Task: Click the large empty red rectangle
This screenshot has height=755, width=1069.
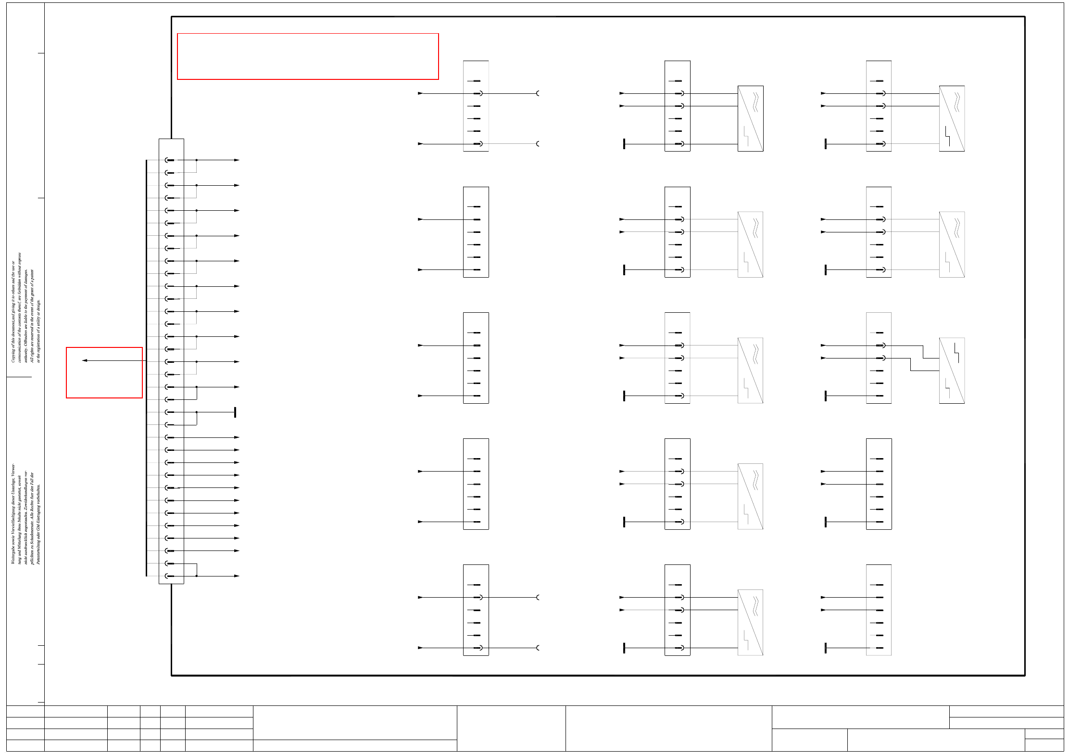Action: pyautogui.click(x=308, y=56)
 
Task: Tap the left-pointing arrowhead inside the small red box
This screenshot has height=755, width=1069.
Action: pyautogui.click(x=85, y=360)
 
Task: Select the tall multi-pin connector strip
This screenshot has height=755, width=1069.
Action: pyautogui.click(x=171, y=361)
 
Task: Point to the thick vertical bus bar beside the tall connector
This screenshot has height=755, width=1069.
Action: pyautogui.click(x=146, y=368)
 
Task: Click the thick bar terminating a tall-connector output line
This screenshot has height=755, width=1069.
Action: pyautogui.click(x=235, y=412)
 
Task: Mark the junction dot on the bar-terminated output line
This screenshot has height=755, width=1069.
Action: pyautogui.click(x=197, y=412)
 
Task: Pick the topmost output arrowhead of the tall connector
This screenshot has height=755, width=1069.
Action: pyautogui.click(x=237, y=160)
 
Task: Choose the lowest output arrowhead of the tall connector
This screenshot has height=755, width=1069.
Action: pyautogui.click(x=237, y=576)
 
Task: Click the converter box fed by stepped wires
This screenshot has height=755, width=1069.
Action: pyautogui.click(x=952, y=371)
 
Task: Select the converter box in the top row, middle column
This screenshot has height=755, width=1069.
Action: pyautogui.click(x=750, y=118)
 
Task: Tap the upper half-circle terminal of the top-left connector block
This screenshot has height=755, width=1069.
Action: pyautogui.click(x=538, y=93)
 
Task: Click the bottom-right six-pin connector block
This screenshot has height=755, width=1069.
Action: pyautogui.click(x=879, y=610)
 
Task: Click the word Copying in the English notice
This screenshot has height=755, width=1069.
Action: pyautogui.click(x=13, y=354)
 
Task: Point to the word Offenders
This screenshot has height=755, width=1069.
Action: pyautogui.click(x=26, y=334)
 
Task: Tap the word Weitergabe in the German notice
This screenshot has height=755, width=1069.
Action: pyautogui.click(x=13, y=554)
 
